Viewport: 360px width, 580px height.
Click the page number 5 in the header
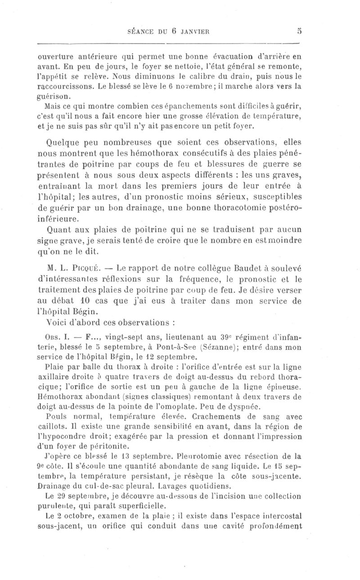pos(298,31)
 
